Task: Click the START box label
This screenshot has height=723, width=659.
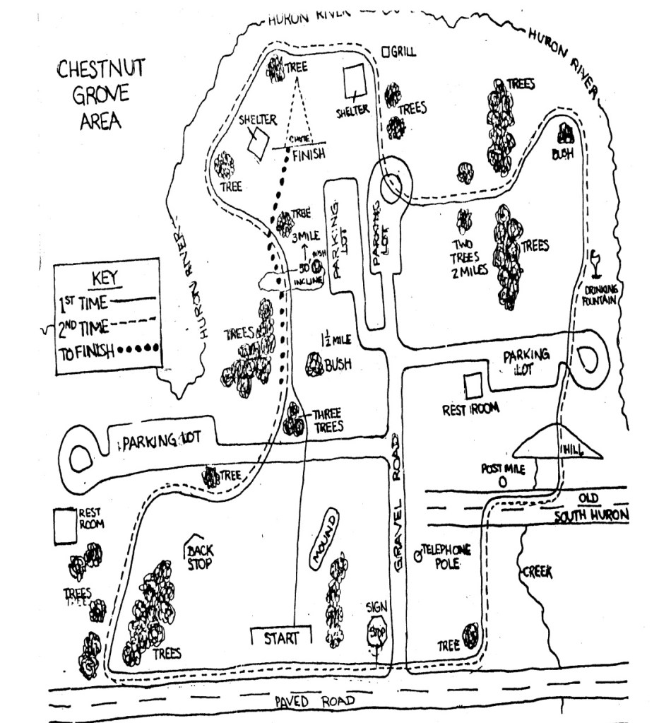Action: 281,637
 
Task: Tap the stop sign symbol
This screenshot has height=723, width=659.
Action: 375,632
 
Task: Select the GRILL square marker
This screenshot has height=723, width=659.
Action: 386,52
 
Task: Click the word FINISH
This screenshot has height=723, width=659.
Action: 308,155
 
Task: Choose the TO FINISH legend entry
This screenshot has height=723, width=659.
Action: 85,351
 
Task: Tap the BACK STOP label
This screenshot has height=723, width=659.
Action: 201,557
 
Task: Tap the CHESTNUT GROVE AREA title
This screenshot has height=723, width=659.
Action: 100,94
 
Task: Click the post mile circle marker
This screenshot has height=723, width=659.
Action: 503,482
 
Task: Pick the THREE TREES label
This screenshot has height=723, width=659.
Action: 327,421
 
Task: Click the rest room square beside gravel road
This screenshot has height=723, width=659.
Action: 473,385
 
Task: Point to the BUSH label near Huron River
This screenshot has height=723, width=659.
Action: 563,153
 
